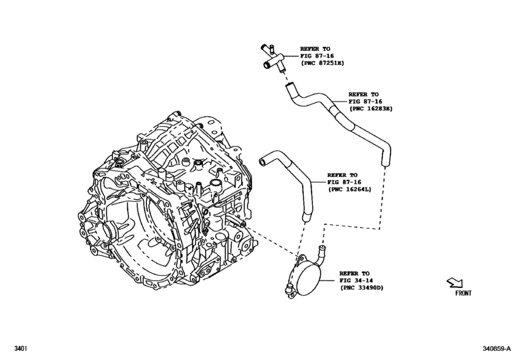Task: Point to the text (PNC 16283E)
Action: (371, 109)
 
